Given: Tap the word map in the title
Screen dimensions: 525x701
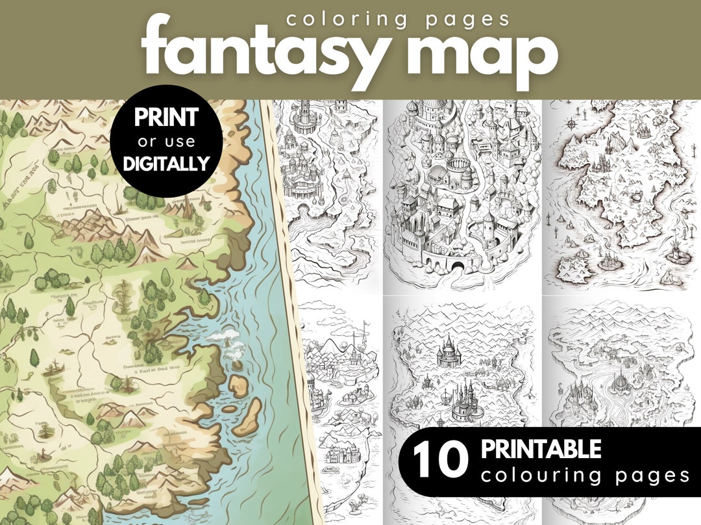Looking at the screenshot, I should coord(491,55).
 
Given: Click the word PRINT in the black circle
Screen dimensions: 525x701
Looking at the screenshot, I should coord(166,118).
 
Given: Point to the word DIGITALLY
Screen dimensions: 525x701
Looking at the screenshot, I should coord(167,162).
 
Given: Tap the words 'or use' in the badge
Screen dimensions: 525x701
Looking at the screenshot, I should coord(166,141).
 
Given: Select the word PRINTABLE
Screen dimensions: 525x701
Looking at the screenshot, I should coord(541,449).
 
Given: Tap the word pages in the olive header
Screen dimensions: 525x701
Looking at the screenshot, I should coord(468,19).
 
